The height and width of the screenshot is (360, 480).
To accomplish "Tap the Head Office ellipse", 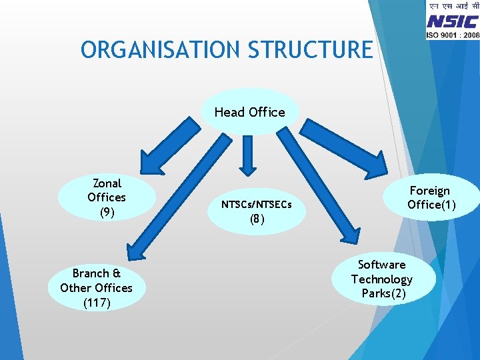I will [249, 112].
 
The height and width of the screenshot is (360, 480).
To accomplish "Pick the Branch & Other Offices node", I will [96, 288].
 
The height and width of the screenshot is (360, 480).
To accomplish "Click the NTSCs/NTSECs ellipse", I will [257, 211].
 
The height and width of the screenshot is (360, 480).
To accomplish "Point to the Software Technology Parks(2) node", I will [382, 279].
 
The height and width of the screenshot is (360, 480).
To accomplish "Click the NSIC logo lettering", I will [453, 21].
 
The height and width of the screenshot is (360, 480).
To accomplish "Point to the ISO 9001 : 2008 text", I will [453, 34].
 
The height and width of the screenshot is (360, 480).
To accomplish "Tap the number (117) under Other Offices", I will [97, 303].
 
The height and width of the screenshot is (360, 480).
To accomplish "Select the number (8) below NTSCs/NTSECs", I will [257, 219].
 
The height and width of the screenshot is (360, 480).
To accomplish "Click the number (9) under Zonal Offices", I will [107, 212].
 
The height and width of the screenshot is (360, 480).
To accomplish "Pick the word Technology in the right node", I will [382, 279].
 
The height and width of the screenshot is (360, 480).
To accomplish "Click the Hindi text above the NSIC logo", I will [453, 7].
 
